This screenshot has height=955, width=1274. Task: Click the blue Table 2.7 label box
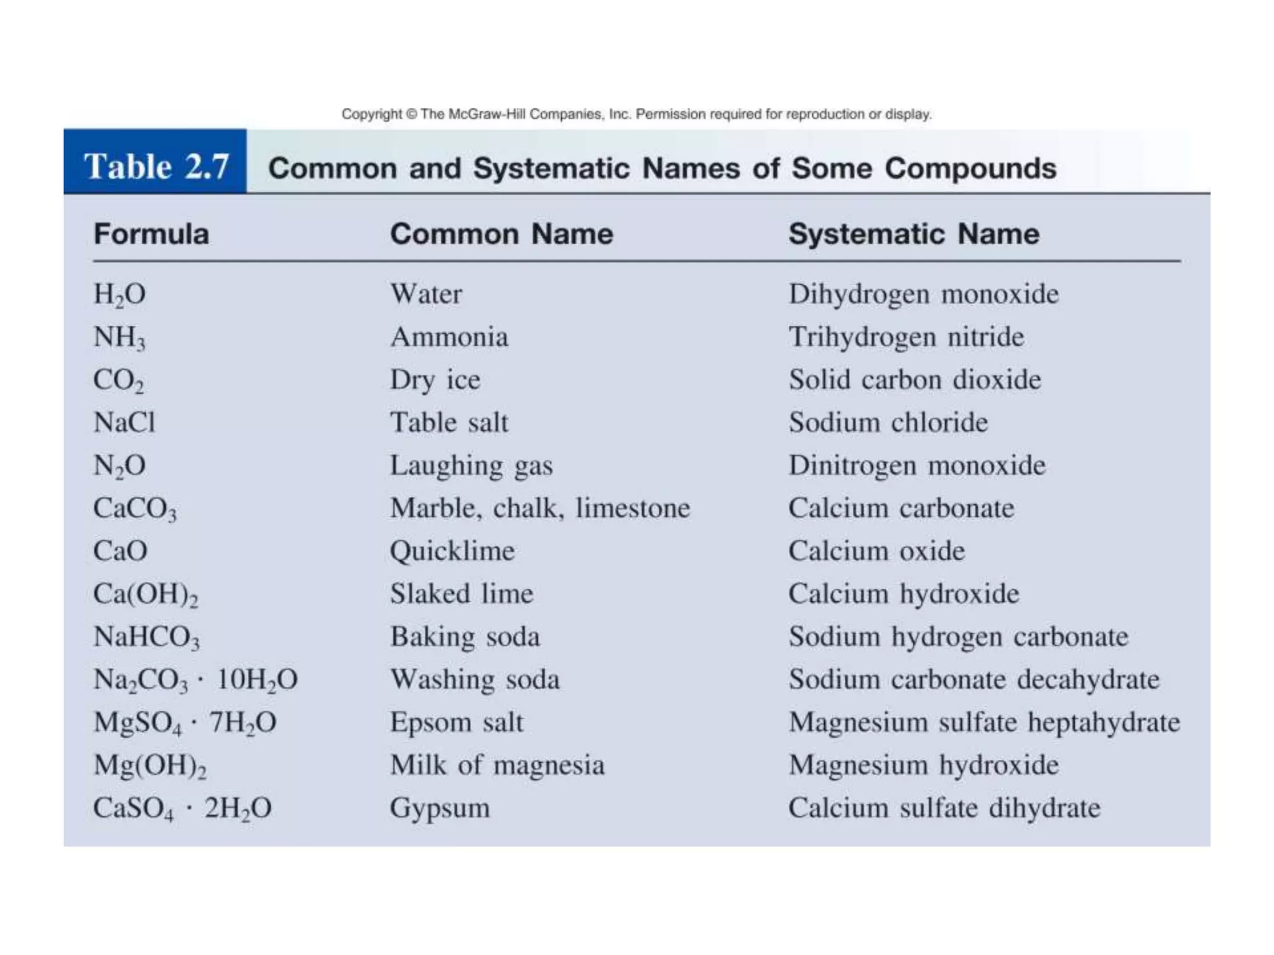156,162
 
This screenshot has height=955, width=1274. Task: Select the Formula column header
151,234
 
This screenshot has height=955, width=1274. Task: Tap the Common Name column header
501,234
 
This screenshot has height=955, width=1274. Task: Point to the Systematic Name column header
914,234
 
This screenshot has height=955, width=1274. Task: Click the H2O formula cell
119,294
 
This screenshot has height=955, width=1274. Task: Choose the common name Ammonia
449,337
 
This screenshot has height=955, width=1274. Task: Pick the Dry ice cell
435,380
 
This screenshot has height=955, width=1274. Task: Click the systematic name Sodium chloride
888,423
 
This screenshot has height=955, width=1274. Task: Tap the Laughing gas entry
472,466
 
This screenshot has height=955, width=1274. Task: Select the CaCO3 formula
135,509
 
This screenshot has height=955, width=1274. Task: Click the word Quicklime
452,551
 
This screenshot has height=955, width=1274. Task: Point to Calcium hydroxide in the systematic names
904,594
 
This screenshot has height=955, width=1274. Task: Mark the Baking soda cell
465,637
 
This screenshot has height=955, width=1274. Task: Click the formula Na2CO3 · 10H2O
195,680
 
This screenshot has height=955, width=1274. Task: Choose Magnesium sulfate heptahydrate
984,722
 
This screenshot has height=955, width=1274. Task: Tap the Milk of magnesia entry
497,765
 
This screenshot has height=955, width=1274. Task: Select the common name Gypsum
440,808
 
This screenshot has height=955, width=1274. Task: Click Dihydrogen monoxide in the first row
924,294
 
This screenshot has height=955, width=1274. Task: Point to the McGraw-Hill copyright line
636,114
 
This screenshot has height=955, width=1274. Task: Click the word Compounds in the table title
970,168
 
